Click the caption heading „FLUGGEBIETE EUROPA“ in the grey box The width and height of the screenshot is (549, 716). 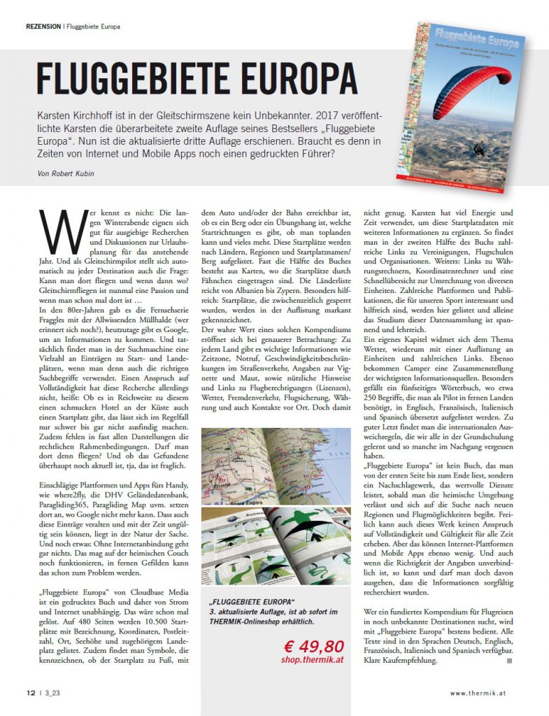[x=252, y=603]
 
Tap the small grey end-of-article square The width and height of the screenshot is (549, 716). [x=510, y=660]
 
